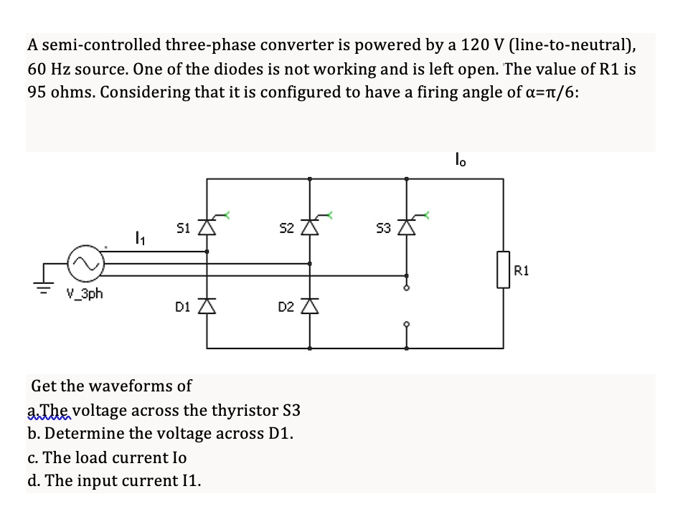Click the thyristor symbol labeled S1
coord(207,228)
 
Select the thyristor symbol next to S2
coord(310,228)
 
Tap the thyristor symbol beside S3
coord(407,228)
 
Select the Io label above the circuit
coord(461,158)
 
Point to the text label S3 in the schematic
coord(384,229)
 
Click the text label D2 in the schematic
coord(285,308)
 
